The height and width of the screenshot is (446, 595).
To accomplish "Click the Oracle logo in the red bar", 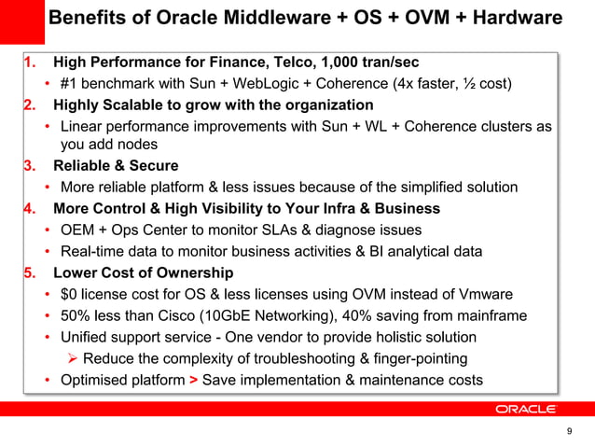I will (525, 409).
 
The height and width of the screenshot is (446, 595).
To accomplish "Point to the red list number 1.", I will (30, 63).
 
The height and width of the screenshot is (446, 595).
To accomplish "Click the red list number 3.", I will (29, 167).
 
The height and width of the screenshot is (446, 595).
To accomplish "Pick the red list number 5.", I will (29, 273).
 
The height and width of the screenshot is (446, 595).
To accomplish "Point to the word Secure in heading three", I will (153, 167).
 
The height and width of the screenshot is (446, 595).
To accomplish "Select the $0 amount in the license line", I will (70, 295).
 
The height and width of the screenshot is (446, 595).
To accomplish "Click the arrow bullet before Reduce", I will (71, 359).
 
